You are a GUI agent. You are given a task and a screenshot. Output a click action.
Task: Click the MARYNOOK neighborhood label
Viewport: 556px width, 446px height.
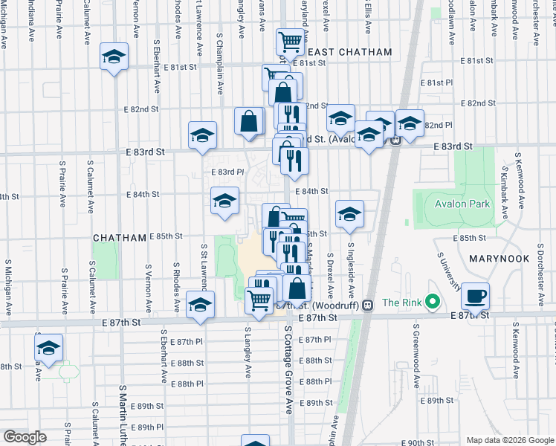[x=499, y=259]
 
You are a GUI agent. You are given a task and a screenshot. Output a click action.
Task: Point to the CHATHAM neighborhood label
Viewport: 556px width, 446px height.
[x=119, y=238]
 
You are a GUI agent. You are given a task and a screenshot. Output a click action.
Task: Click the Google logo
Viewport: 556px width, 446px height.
[x=25, y=438]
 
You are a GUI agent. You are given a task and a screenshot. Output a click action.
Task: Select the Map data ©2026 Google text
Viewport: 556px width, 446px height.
[x=508, y=440]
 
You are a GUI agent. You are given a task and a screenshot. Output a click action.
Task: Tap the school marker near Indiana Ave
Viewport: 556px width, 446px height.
[x=114, y=57]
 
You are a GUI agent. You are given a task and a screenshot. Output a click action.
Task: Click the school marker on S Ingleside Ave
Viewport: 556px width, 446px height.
[x=349, y=215]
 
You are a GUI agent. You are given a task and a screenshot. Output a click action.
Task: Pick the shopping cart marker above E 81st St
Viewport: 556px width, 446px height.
[x=290, y=42]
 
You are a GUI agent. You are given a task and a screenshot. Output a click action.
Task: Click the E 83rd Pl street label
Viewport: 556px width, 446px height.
[x=227, y=172]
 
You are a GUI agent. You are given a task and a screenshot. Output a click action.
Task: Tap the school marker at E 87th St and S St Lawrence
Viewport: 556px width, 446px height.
[x=200, y=305]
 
